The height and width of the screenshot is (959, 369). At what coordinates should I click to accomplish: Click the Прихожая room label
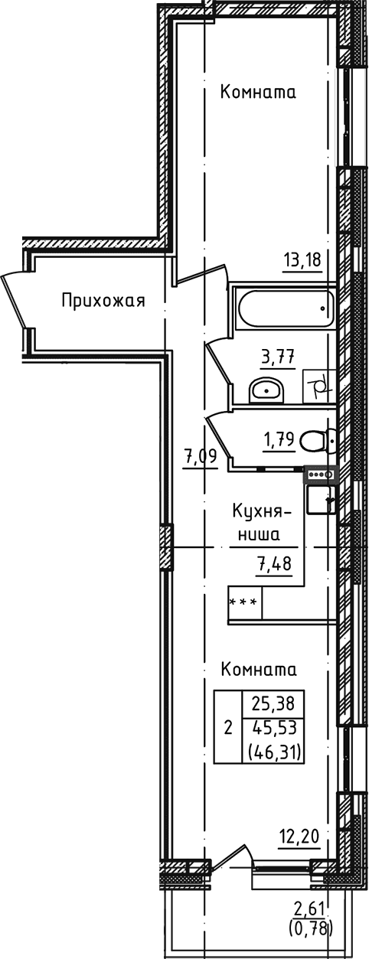point(103,300)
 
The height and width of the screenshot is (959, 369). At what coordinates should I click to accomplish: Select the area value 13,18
point(302,259)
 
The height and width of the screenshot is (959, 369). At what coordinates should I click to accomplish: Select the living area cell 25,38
point(273,702)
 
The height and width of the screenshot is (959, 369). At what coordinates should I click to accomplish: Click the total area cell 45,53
point(273,727)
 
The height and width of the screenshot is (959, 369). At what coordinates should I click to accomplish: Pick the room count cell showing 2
point(227,727)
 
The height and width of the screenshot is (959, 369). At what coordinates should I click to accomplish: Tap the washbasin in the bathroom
point(266,390)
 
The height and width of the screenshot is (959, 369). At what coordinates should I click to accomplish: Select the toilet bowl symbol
point(315,442)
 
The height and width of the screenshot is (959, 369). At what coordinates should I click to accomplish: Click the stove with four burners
point(319,475)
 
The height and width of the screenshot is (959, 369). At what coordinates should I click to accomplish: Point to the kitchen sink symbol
point(320,501)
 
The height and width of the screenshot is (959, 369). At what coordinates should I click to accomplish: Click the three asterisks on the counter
point(243,602)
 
